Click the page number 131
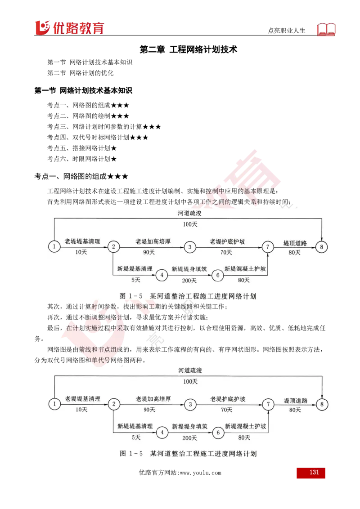click(314, 473)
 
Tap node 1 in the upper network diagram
click(54, 246)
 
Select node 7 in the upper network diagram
click(268, 246)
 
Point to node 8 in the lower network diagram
click(322, 404)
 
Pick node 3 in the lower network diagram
click(190, 404)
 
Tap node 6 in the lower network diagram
click(218, 433)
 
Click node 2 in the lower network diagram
click(114, 404)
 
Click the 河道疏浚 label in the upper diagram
click(189, 213)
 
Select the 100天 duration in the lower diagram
click(190, 381)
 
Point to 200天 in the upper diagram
click(189, 281)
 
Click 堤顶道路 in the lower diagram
click(296, 400)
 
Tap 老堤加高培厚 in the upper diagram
click(153, 241)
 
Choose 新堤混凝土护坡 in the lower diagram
click(246, 426)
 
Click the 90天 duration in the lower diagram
click(149, 410)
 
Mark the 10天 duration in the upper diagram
click(81, 252)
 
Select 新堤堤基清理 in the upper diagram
click(135, 269)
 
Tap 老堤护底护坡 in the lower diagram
click(228, 399)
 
